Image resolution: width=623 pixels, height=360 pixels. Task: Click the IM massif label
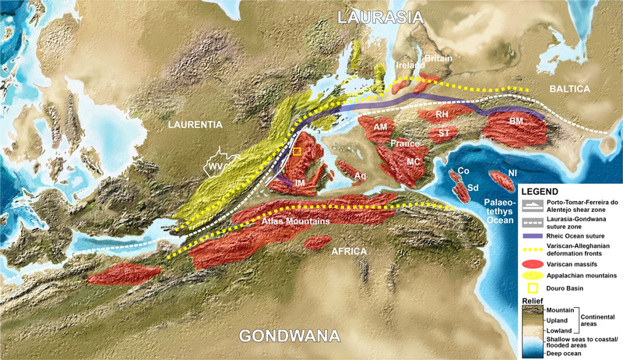299,182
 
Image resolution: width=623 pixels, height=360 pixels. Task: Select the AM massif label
381,126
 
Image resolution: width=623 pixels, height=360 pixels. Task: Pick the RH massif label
442,115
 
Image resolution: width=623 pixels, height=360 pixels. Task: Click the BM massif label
516,122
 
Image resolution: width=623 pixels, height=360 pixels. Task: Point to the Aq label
360,176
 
